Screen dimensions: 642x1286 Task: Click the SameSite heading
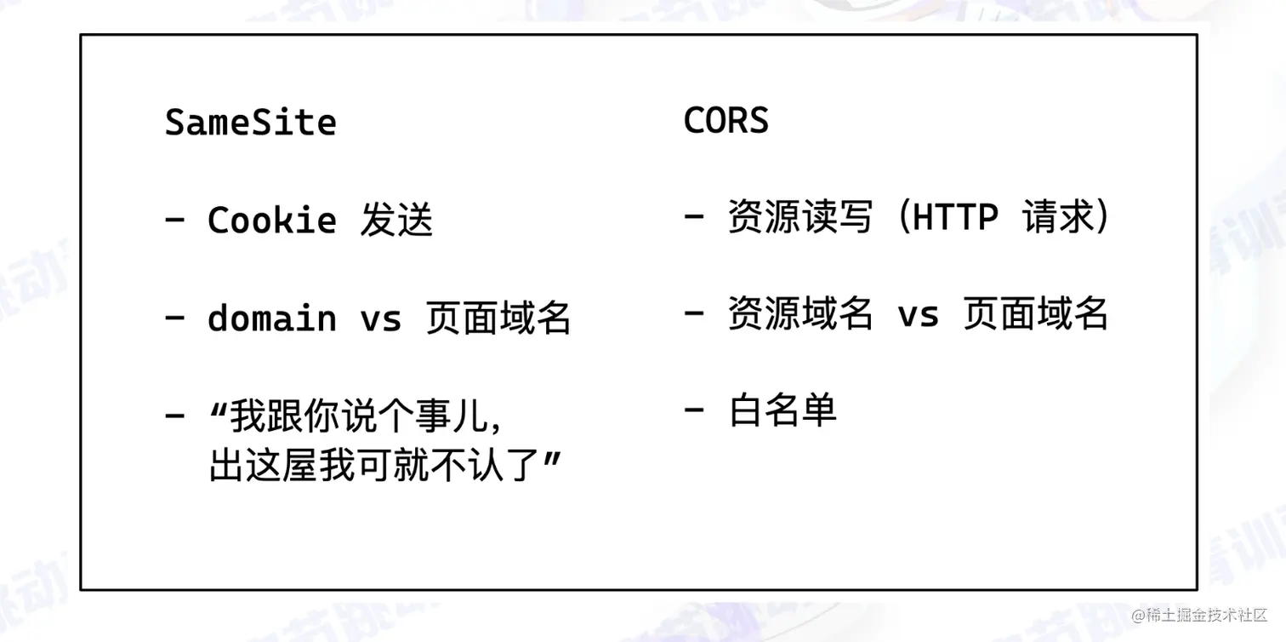coord(250,123)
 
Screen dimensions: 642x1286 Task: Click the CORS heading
coord(726,121)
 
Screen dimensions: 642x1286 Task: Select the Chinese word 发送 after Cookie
coord(396,221)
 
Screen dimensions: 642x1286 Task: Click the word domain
coord(272,318)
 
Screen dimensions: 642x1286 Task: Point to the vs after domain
coord(380,319)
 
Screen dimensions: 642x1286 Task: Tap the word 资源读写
coord(800,218)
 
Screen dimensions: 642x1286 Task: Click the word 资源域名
coord(800,314)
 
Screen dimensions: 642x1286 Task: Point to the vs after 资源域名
coord(919,315)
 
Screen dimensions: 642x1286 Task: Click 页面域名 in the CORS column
coord(1035,314)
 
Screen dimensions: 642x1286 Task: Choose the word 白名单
coord(782,411)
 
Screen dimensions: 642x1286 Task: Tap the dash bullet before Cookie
coord(175,220)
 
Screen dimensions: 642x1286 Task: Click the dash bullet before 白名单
coord(694,410)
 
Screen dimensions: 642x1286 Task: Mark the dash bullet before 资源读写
coord(694,217)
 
